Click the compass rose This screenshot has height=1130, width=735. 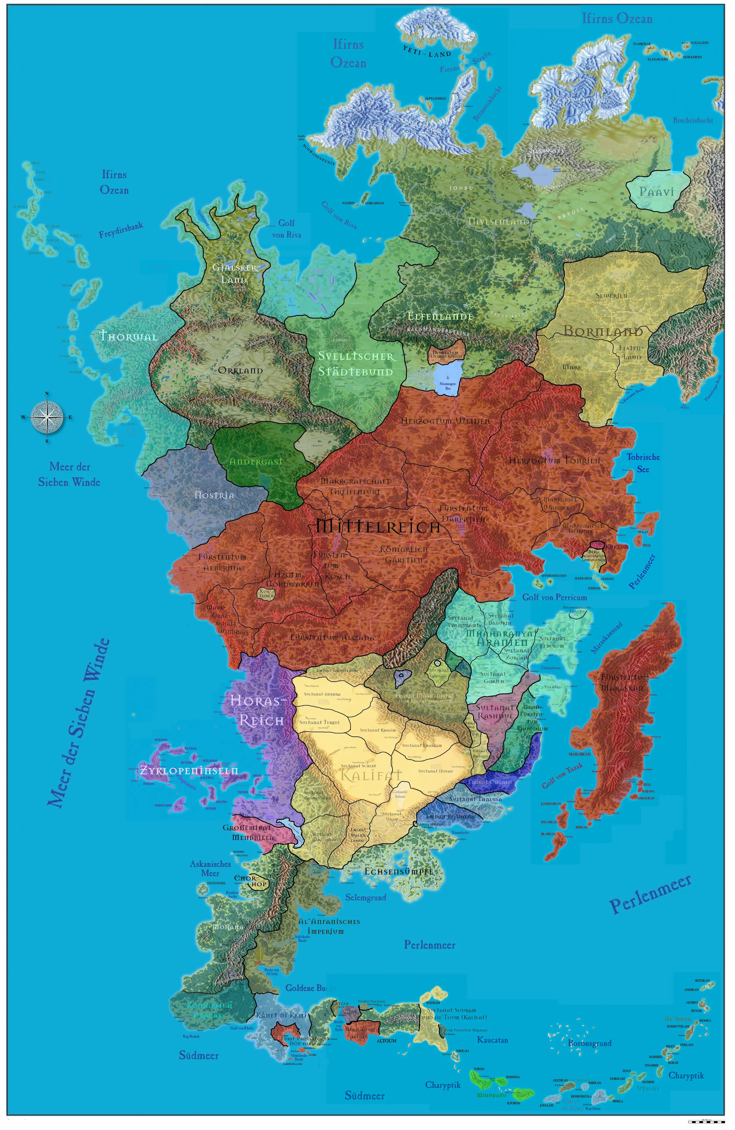tap(47, 417)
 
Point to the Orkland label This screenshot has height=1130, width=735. tap(240, 370)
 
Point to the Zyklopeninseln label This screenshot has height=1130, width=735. tap(189, 770)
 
